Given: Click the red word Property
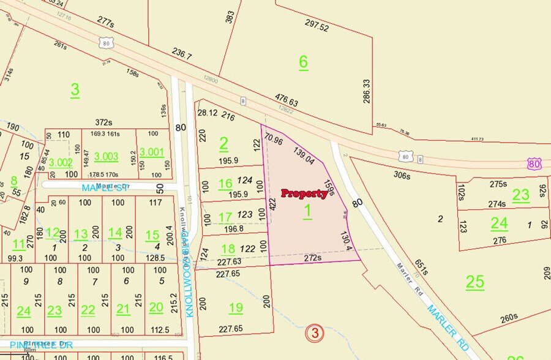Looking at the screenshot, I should click(304, 193).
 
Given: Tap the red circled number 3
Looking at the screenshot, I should click(314, 333).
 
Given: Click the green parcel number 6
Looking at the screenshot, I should click(302, 61).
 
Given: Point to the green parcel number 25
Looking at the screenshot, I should click(474, 282).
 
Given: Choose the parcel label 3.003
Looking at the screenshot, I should click(106, 156).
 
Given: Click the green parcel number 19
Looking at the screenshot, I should click(236, 307).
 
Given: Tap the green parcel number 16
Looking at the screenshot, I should click(225, 183).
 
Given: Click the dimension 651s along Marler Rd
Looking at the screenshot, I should click(421, 268).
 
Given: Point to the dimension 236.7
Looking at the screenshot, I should click(181, 56).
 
